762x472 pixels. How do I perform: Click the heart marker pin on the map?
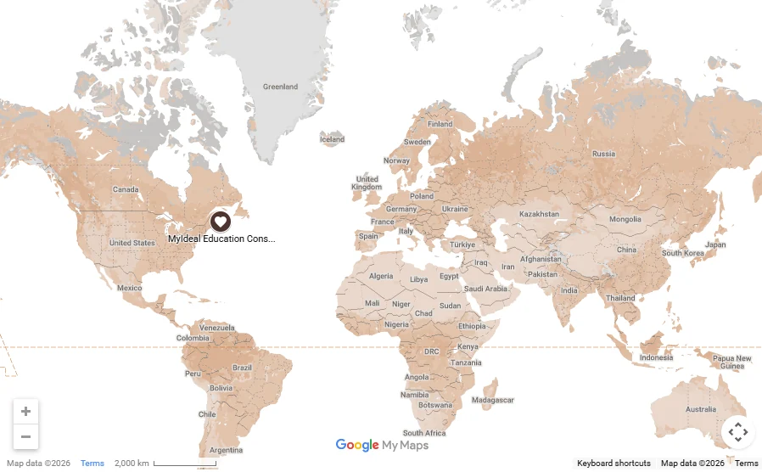click(220, 222)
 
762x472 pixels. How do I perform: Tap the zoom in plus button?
click(25, 412)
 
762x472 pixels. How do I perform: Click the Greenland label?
click(280, 87)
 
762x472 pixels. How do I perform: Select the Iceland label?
click(332, 139)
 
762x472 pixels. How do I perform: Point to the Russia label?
click(603, 154)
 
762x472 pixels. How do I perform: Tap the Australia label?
click(700, 409)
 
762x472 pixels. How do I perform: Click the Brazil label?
click(242, 368)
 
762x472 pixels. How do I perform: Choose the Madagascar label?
click(492, 400)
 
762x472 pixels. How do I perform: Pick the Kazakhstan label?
click(539, 214)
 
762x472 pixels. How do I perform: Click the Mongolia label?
click(625, 220)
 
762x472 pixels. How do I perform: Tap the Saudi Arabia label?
click(485, 289)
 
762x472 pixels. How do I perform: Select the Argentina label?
click(227, 450)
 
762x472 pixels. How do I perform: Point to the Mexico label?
click(129, 288)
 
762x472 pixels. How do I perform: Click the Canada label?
click(126, 189)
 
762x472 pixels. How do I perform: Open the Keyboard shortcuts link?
click(614, 464)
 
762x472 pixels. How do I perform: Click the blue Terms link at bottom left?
click(92, 464)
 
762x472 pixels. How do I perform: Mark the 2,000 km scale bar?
click(185, 464)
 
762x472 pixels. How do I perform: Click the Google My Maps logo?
click(381, 446)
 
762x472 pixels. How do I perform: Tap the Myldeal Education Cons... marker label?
click(221, 239)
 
